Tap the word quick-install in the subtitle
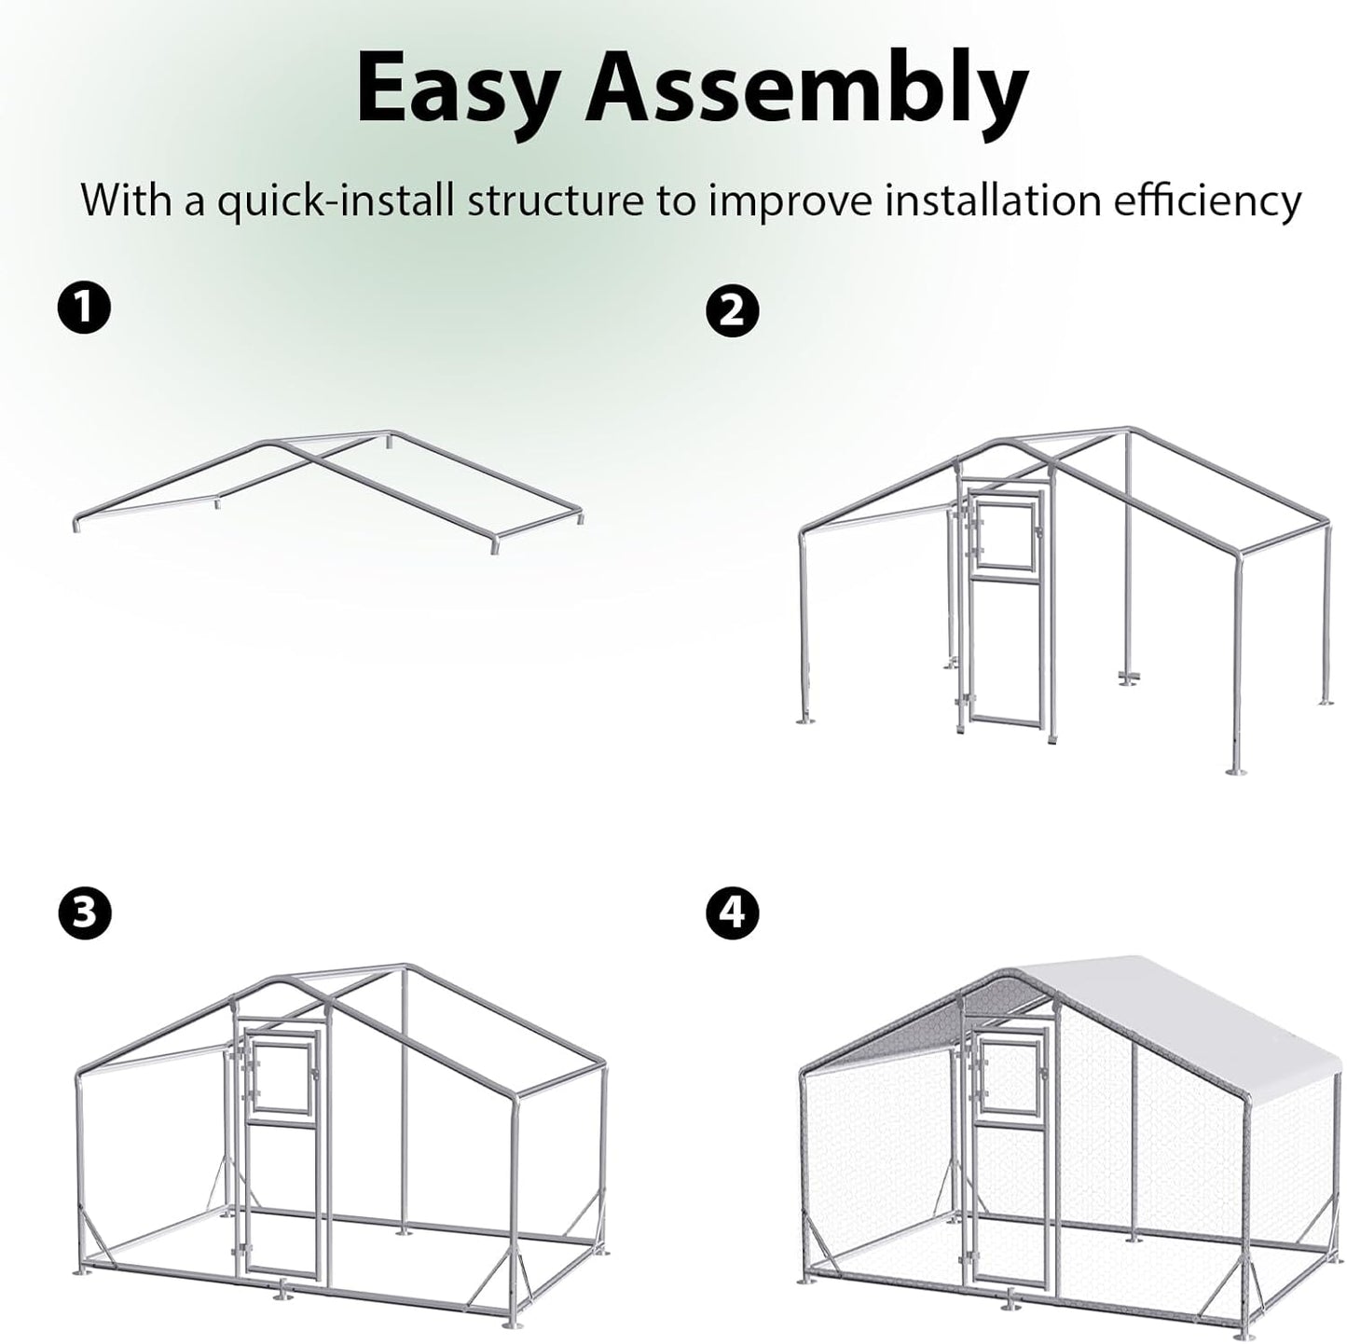pyautogui.click(x=337, y=200)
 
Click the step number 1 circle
pyautogui.click(x=84, y=308)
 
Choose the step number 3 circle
pyautogui.click(x=84, y=912)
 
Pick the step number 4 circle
pyautogui.click(x=733, y=912)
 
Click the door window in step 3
pyautogui.click(x=284, y=1077)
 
